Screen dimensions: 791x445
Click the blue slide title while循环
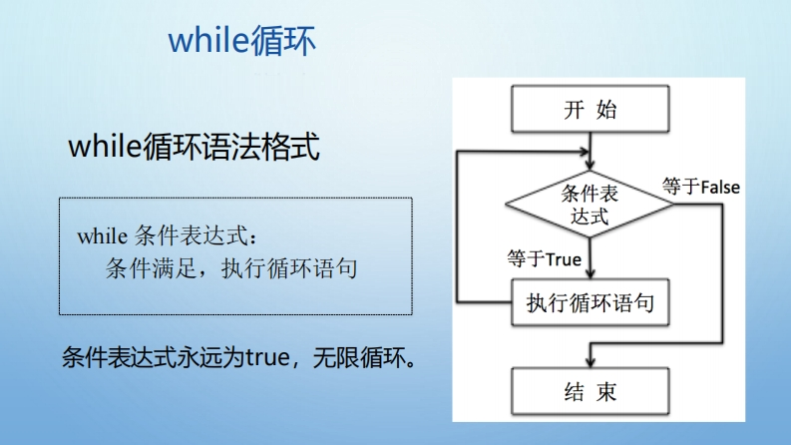tap(241, 40)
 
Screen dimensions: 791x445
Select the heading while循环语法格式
tap(194, 147)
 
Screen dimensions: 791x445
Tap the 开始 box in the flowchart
tap(591, 109)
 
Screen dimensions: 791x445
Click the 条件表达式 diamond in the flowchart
tap(590, 204)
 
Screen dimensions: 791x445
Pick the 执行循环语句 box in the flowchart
tap(591, 302)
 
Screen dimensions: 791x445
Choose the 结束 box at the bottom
tap(591, 391)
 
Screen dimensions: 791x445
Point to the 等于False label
tap(701, 187)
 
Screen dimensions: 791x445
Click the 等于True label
tap(545, 258)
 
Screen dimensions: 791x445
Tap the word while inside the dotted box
tap(103, 236)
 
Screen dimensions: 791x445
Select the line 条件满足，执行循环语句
tap(231, 268)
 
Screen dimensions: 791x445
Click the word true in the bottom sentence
tap(267, 358)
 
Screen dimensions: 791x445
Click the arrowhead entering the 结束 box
tap(591, 362)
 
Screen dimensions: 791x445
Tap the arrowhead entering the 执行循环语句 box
tap(591, 273)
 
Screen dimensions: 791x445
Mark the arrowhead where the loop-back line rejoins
tap(585, 151)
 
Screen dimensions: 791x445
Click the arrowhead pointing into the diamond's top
tap(591, 165)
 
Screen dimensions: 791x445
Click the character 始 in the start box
tap(606, 109)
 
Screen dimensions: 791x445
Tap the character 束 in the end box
tap(606, 391)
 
